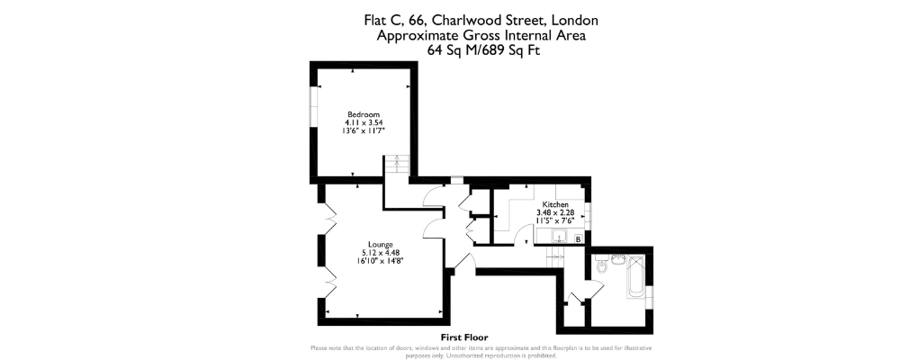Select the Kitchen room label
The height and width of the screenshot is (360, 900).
(x=555, y=204)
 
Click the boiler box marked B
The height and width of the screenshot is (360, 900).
(x=578, y=238)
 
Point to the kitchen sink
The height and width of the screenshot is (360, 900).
(x=558, y=236)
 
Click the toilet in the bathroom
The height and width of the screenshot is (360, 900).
(x=601, y=265)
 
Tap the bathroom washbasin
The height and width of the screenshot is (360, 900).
(x=619, y=259)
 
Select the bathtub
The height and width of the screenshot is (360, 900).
(x=636, y=276)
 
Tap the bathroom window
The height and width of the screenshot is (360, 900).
(x=650, y=292)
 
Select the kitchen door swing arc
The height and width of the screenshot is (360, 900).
(x=524, y=236)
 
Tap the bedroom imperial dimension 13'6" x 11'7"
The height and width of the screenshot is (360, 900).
(x=364, y=130)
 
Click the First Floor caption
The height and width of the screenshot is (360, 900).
(x=463, y=337)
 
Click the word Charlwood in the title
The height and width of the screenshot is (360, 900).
(x=457, y=21)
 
